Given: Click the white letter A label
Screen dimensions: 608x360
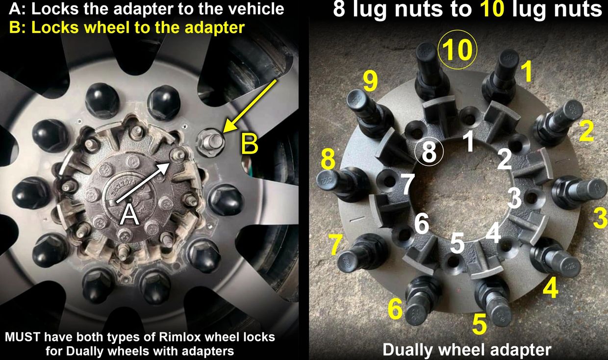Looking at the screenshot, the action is coord(130,215).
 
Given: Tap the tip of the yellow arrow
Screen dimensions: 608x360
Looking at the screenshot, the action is coord(223,132).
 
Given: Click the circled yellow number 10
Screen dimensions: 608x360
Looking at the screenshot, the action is coord(457,50).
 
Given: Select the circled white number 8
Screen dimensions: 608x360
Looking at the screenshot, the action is coord(429,152).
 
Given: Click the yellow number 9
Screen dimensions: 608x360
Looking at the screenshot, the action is coord(371,82).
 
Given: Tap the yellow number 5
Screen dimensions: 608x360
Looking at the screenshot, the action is coord(479,324).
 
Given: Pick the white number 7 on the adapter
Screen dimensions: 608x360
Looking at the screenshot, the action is coord(408,184).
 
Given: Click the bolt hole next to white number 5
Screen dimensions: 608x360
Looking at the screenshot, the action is coord(453,262).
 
